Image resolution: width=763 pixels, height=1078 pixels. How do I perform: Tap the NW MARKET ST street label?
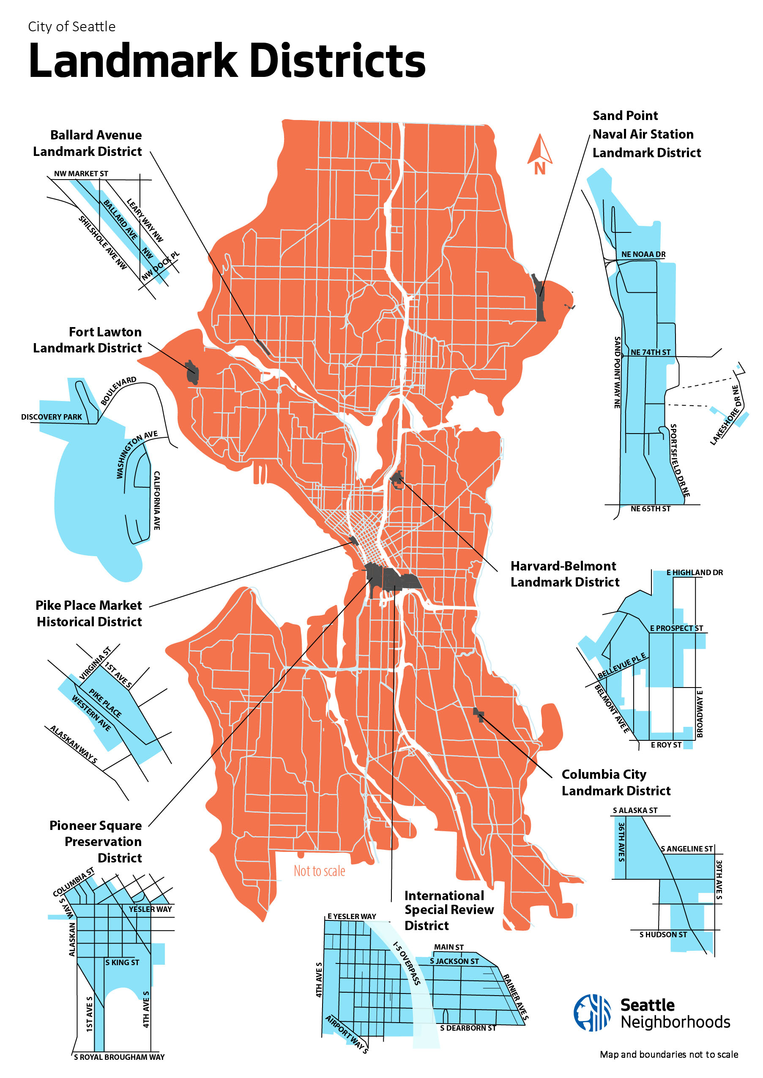coord(81,174)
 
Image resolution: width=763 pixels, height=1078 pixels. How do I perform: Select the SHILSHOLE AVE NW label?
coord(102,243)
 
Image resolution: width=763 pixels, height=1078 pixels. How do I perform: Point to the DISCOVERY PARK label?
coord(51,417)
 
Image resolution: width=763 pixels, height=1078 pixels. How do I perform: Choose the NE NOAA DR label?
coord(643,254)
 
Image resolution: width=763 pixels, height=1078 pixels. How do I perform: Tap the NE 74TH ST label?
coord(650,352)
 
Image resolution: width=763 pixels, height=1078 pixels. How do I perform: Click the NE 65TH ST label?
coord(650,509)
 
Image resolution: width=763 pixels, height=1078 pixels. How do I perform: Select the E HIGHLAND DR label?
coord(695,573)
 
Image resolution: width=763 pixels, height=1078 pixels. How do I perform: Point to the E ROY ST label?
coord(666,745)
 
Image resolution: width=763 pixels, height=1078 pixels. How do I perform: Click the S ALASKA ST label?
coord(635,810)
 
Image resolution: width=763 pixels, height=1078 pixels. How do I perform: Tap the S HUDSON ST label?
coord(663,935)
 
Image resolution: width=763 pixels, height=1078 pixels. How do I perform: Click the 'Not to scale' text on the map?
coord(319,871)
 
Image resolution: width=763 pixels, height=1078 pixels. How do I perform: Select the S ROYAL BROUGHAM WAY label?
coord(119,1057)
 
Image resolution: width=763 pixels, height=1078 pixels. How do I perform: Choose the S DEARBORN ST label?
coord(468,1028)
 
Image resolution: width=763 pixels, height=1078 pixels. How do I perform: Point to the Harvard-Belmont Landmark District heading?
coord(564,574)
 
